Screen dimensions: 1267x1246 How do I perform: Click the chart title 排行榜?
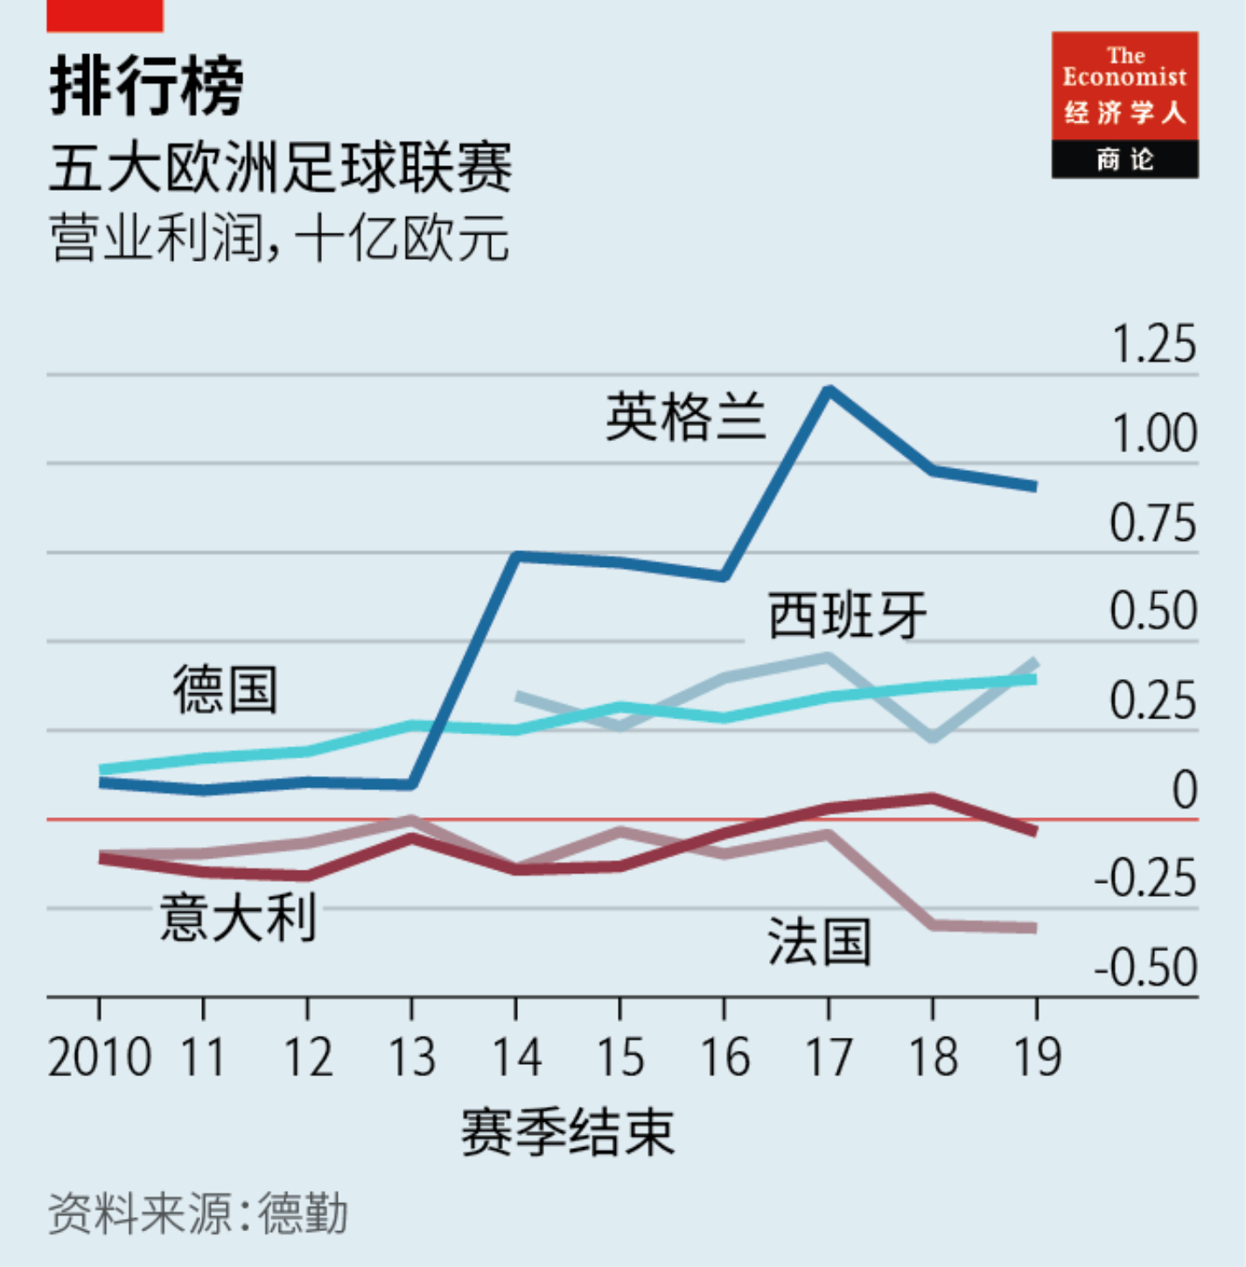click(146, 87)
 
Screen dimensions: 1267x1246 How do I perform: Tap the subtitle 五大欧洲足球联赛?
click(280, 167)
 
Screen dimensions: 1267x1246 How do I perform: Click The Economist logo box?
click(1124, 105)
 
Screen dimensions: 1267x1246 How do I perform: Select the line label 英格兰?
click(686, 417)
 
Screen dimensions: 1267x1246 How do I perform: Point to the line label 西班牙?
click(847, 615)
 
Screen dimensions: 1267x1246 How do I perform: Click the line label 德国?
click(226, 689)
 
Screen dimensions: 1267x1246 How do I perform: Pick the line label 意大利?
click(238, 917)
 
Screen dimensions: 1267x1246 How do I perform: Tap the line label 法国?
click(820, 942)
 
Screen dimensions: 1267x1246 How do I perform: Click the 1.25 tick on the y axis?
click(1152, 344)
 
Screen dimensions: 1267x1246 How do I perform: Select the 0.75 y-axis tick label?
click(1152, 524)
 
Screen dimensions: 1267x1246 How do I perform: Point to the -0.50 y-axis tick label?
click(1145, 968)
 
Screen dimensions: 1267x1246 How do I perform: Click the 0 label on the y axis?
click(1184, 790)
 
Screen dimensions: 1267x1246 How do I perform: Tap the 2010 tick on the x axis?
click(100, 1057)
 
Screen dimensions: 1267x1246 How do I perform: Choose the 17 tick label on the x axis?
click(828, 1057)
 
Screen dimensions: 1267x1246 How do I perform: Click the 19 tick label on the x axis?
click(1037, 1057)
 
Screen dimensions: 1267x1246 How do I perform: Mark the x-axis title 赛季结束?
click(568, 1132)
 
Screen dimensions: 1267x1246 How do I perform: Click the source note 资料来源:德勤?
click(198, 1214)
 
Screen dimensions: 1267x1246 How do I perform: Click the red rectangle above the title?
click(105, 16)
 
